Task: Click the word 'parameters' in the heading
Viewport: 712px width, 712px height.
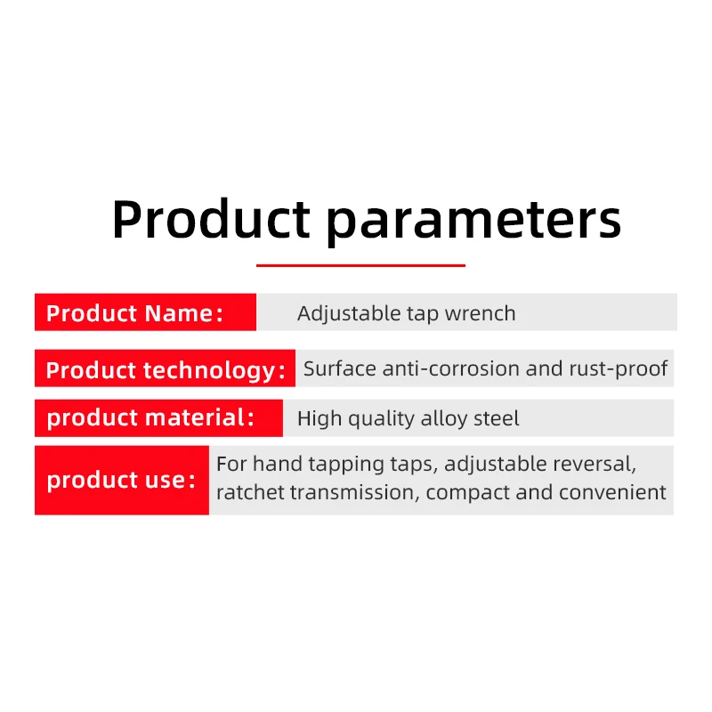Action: (473, 222)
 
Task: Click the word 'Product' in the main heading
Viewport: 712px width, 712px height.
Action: (211, 218)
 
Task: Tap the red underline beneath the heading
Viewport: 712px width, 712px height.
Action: (360, 265)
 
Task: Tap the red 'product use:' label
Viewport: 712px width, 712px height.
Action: (122, 480)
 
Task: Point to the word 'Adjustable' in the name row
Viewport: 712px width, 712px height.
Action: (348, 314)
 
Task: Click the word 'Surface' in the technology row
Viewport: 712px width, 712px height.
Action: (340, 368)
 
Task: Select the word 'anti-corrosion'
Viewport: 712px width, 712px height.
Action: (451, 368)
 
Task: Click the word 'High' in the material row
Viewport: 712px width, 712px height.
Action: (320, 418)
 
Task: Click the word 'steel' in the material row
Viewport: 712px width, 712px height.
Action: (496, 418)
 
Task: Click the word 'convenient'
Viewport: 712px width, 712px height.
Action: (612, 493)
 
